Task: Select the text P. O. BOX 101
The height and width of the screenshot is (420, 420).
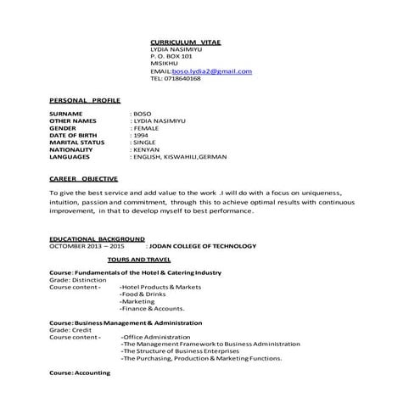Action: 170,56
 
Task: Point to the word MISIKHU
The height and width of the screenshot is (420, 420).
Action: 163,64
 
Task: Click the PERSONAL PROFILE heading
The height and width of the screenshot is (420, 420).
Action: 85,99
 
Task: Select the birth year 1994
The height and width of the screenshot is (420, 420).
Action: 142,135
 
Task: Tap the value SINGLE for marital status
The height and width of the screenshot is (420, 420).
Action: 145,143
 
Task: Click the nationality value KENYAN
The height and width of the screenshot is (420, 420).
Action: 146,150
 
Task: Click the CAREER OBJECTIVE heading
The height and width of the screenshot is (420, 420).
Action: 87,180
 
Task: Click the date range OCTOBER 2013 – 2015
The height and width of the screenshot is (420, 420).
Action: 87,247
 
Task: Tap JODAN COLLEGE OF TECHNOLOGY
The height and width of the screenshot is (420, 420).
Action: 202,247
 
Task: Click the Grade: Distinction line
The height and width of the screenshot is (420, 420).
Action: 78,279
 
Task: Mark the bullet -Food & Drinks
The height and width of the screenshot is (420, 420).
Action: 144,294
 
